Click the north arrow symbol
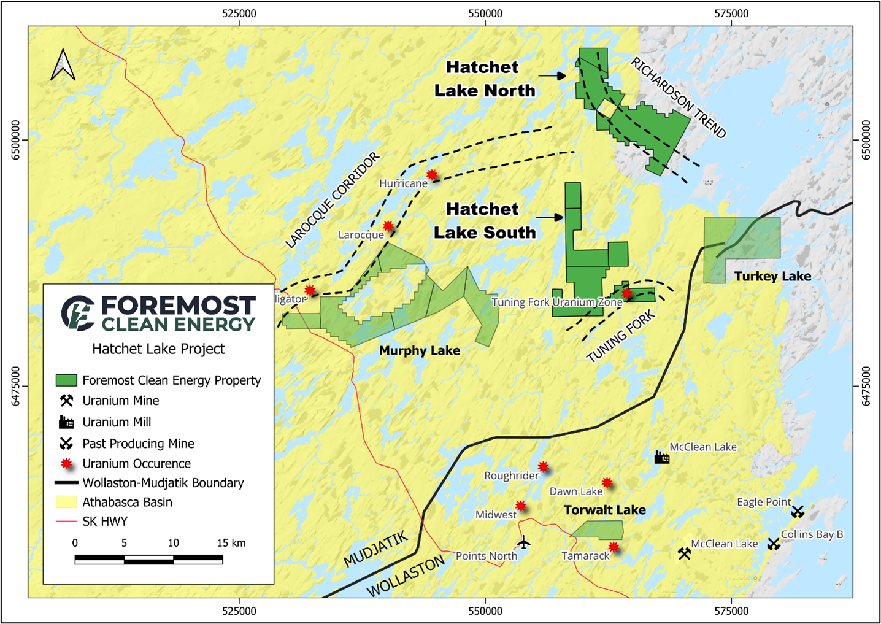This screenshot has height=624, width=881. pyautogui.click(x=63, y=65)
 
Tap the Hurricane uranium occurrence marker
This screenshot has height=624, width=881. pyautogui.click(x=432, y=174)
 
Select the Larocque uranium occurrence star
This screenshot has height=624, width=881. pyautogui.click(x=388, y=226)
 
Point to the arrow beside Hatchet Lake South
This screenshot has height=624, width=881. pyautogui.click(x=550, y=217)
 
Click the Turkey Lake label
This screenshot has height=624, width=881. pyautogui.click(x=772, y=276)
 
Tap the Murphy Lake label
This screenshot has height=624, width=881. pyautogui.click(x=419, y=350)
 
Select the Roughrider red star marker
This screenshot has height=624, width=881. pyautogui.click(x=543, y=467)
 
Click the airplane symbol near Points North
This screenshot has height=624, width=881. pyautogui.click(x=523, y=542)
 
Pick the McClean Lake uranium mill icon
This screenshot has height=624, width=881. pyautogui.click(x=661, y=457)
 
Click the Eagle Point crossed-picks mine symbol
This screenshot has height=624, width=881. pyautogui.click(x=797, y=510)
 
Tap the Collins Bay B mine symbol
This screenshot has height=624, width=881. pyautogui.click(x=773, y=543)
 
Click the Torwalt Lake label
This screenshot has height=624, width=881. pyautogui.click(x=604, y=510)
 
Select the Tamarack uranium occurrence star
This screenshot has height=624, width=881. pyautogui.click(x=614, y=547)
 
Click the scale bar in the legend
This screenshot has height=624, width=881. pyautogui.click(x=148, y=559)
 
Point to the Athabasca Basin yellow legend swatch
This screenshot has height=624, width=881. pyautogui.click(x=66, y=502)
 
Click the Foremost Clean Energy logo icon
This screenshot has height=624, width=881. pyautogui.click(x=78, y=313)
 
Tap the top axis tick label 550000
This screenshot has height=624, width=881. pyautogui.click(x=485, y=13)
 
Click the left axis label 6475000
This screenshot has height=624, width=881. pyautogui.click(x=16, y=386)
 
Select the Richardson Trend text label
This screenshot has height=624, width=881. pyautogui.click(x=678, y=98)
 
